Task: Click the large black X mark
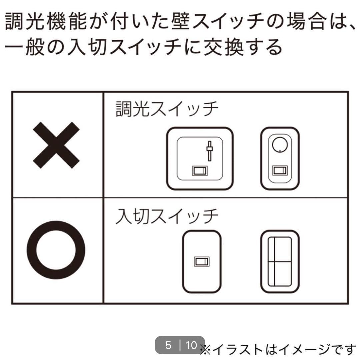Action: coord(56,145)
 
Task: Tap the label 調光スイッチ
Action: coord(167,109)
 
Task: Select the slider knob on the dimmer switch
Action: coord(209,148)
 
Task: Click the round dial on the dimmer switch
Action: coord(280,145)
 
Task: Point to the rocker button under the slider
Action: coord(200,171)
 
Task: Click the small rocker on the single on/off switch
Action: coord(202,262)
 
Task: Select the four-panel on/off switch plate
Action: coord(280,262)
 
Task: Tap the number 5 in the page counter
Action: coord(168,345)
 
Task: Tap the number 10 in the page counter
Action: coord(191,345)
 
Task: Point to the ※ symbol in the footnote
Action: coord(206,350)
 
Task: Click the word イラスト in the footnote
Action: coord(238,350)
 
